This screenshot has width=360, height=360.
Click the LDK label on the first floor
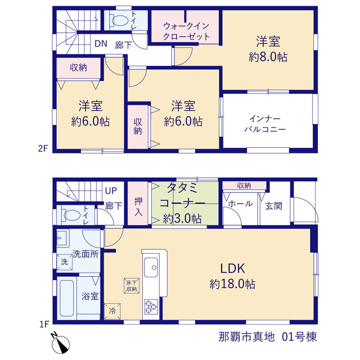[x=232, y=268]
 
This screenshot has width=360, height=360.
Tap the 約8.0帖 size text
[x=268, y=57]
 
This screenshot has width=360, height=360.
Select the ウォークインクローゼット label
[x=186, y=31]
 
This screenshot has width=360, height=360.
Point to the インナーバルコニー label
[x=265, y=124]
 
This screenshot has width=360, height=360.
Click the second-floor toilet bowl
[x=120, y=20]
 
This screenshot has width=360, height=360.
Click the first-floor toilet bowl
[x=72, y=215]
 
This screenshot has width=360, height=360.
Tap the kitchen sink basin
[x=151, y=267]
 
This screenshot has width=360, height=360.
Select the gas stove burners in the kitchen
[x=151, y=307]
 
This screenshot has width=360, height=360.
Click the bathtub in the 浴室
[x=66, y=298]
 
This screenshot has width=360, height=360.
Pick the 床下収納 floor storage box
[x=132, y=286]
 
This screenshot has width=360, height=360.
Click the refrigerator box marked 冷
[x=112, y=311]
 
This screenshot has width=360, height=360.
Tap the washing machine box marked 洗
[x=65, y=262]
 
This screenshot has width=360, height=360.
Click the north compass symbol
[x=60, y=344]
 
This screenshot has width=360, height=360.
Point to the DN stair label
[x=101, y=44]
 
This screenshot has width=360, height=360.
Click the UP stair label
[x=111, y=191]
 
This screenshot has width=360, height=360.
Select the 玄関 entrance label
[x=274, y=206]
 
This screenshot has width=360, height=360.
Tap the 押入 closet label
[x=138, y=206]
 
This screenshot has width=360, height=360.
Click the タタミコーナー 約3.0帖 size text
[x=183, y=219]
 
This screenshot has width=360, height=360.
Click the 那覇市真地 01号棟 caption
[x=268, y=337]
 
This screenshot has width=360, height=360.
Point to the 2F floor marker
[x=43, y=148]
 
